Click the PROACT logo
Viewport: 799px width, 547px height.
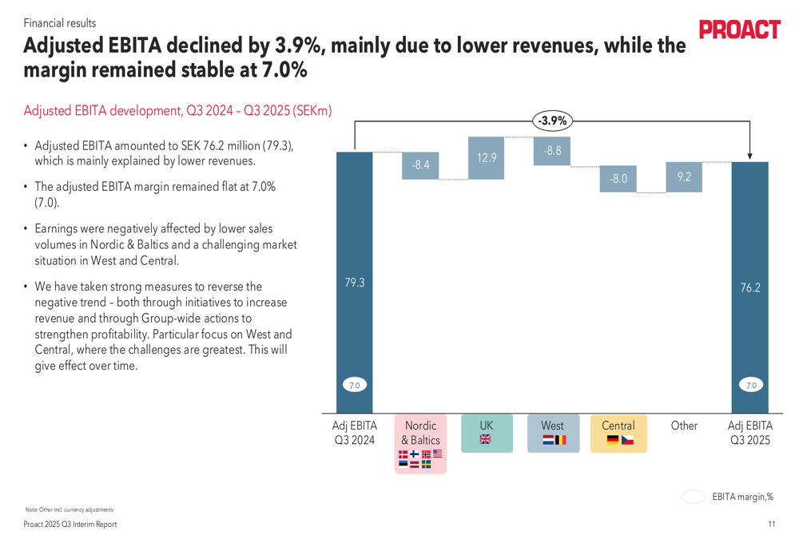pos(739,30)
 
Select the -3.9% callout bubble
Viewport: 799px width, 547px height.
pos(552,121)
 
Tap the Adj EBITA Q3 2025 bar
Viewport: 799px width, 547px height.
pos(750,287)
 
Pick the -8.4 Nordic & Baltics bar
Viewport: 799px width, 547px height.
pos(420,165)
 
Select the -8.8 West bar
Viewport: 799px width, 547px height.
pos(552,151)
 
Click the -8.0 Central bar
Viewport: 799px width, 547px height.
pos(618,179)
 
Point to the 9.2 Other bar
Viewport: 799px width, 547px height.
pos(684,177)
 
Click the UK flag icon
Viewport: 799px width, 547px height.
pos(486,439)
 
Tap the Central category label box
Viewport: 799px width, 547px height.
pos(618,434)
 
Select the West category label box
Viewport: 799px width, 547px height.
pos(552,434)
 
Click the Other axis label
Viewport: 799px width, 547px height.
pos(684,426)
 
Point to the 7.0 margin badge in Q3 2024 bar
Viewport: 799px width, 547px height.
pos(354,386)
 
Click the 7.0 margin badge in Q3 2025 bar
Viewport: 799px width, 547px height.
pos(750,386)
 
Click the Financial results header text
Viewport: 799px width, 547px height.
pos(60,23)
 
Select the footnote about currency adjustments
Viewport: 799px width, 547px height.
pos(70,509)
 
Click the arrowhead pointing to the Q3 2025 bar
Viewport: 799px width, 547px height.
pos(750,157)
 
